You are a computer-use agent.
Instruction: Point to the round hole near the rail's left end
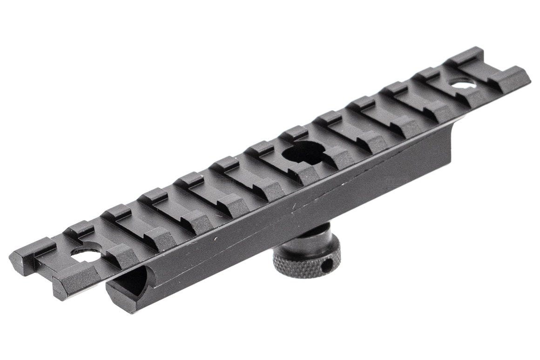[x=86, y=254]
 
